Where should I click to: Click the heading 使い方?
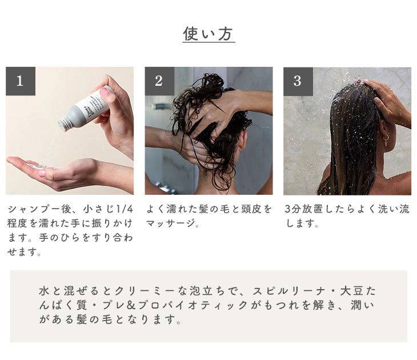point(209,34)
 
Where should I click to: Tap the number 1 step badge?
point(21,81)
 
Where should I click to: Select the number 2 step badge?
point(159,81)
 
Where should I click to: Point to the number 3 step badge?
point(298,81)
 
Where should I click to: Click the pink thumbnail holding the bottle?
point(104,92)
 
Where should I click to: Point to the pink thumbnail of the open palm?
point(42,173)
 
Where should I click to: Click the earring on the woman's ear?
point(385,139)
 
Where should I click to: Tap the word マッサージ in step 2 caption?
point(170,223)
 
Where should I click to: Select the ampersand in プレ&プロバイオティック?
point(131,305)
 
